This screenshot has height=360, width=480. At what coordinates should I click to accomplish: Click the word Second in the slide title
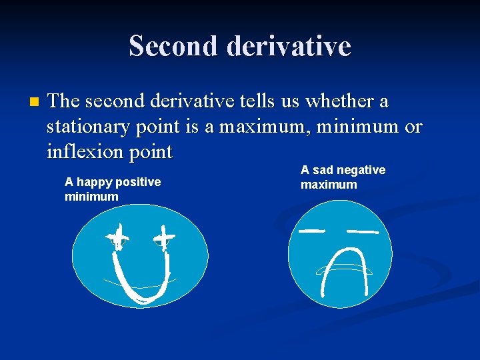174,46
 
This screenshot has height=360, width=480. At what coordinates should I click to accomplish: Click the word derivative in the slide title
289,46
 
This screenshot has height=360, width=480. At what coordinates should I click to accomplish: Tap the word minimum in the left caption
91,196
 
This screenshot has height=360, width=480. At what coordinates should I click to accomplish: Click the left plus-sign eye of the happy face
118,236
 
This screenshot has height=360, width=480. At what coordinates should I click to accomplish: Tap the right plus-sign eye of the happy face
164,236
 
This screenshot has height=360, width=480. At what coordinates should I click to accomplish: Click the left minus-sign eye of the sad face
311,231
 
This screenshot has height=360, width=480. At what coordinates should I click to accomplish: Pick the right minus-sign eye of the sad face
363,231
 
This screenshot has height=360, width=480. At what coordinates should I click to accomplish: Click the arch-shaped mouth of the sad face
344,267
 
